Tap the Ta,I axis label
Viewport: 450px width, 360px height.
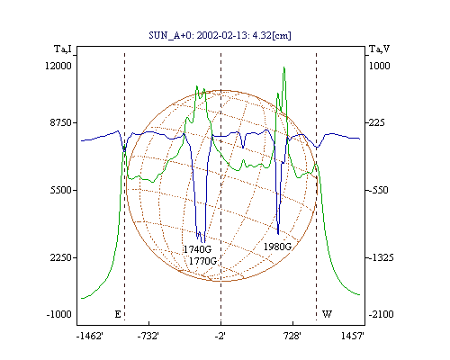(63, 49)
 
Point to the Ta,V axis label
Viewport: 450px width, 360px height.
(379, 49)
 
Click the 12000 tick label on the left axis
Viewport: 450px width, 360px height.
(58, 66)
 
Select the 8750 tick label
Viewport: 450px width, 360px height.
(61, 122)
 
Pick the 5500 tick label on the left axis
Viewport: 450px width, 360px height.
(61, 190)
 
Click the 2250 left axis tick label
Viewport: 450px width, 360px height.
(61, 257)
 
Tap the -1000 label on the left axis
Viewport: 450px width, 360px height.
(59, 314)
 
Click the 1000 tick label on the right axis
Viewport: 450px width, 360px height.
(379, 66)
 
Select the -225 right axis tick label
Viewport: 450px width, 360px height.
(375, 122)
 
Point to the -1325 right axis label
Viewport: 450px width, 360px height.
(380, 257)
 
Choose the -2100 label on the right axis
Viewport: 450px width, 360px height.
(381, 314)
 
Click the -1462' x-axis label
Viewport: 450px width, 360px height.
(90, 336)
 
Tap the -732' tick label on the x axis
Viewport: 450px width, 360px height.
(148, 336)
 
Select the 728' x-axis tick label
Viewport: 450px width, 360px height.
(292, 336)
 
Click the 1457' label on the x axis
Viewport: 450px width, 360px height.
(353, 336)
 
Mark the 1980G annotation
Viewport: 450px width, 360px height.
(277, 247)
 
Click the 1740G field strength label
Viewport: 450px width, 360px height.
(197, 249)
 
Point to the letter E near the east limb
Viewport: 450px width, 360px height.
(118, 314)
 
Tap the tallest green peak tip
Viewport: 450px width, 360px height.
(283, 67)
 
